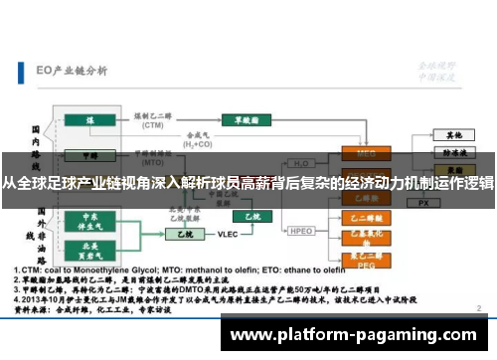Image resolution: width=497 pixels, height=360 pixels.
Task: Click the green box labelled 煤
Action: [90, 120]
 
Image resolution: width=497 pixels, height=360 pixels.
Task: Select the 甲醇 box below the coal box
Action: [90, 155]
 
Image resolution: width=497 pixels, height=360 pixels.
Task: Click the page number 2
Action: [480, 310]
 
